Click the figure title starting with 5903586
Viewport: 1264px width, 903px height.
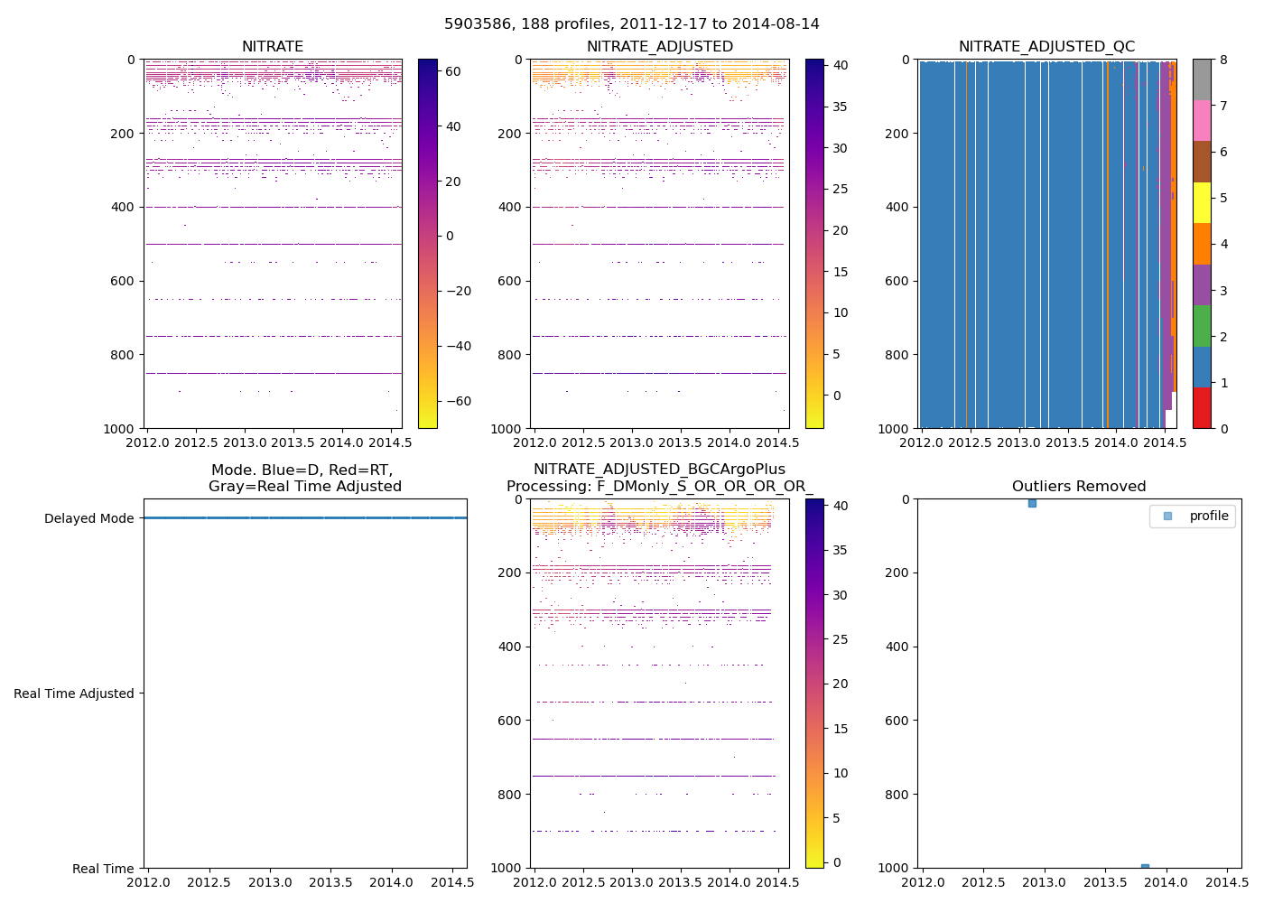point(631,24)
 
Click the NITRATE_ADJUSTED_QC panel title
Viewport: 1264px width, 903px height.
point(1046,47)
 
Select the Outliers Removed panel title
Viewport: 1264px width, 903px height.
point(1079,487)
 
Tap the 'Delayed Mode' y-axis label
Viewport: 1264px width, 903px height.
point(88,518)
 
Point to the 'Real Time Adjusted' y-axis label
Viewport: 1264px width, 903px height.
point(74,694)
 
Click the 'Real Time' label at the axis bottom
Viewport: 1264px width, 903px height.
point(103,869)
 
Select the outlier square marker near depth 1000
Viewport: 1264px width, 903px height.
point(1145,868)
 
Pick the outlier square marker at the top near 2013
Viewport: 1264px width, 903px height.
point(1032,503)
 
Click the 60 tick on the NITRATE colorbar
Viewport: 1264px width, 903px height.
point(453,71)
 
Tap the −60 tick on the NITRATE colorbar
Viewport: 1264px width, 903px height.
point(459,401)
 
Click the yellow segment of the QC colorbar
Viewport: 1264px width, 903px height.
point(1202,202)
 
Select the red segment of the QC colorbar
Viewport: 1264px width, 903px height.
point(1202,407)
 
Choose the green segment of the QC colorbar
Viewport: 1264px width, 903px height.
point(1202,325)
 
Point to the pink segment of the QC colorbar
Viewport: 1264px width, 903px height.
point(1202,120)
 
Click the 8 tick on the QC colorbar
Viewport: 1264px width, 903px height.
point(1223,60)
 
